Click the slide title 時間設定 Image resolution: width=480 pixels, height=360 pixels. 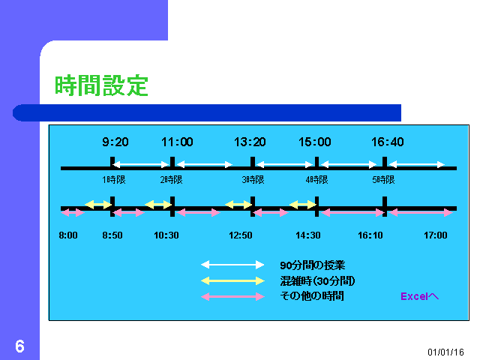pyautogui.click(x=101, y=85)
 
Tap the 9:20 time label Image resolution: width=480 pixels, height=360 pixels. pyautogui.click(x=115, y=142)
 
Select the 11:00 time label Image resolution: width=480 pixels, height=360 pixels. pyautogui.click(x=177, y=142)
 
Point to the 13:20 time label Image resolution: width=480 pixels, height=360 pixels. pyautogui.click(x=250, y=142)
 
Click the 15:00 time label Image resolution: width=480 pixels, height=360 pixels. pyautogui.click(x=315, y=142)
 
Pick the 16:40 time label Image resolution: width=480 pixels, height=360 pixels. pyautogui.click(x=388, y=142)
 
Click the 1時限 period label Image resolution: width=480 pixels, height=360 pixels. pyautogui.click(x=114, y=180)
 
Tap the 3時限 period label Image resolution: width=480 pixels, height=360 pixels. pyautogui.click(x=253, y=180)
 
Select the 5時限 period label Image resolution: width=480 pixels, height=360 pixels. pyautogui.click(x=383, y=180)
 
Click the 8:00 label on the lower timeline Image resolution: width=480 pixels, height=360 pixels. pyautogui.click(x=68, y=235)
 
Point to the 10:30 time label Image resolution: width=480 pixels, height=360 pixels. pyautogui.click(x=166, y=235)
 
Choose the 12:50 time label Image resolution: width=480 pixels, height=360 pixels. pyautogui.click(x=241, y=235)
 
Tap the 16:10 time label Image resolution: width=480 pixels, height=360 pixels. pyautogui.click(x=370, y=235)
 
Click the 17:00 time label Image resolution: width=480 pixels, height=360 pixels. pyautogui.click(x=436, y=235)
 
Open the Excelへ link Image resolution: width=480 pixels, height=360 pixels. pyautogui.click(x=420, y=296)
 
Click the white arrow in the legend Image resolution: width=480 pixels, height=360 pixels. pyautogui.click(x=232, y=265)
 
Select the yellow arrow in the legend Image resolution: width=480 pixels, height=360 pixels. pyautogui.click(x=232, y=280)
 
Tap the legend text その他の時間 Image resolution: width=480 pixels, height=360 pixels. pyautogui.click(x=312, y=296)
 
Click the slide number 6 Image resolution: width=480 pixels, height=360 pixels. pyautogui.click(x=20, y=346)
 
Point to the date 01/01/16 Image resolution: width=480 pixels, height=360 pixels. pyautogui.click(x=445, y=352)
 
